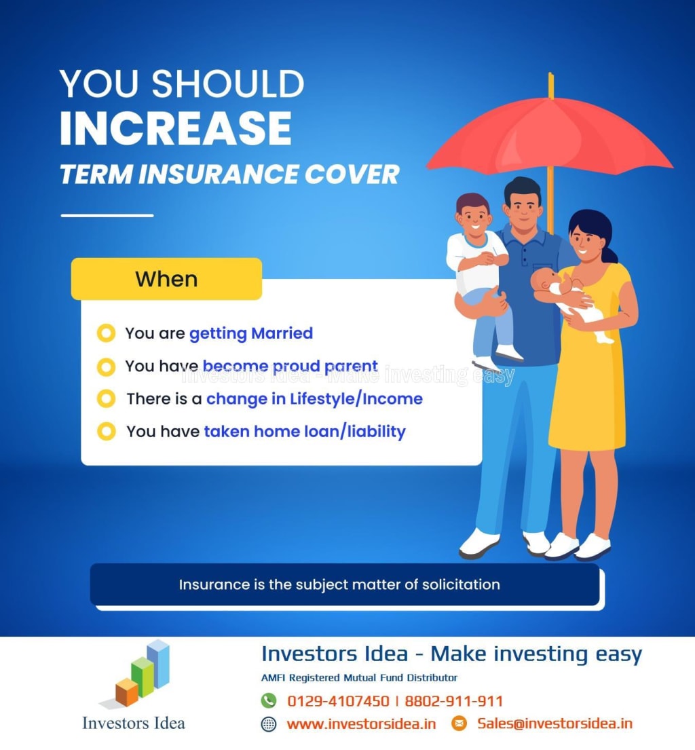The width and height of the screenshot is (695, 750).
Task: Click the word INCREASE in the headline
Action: click(x=176, y=128)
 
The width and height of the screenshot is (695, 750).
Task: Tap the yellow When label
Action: click(x=166, y=279)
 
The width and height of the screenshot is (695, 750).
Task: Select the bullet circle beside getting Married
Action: click(x=106, y=333)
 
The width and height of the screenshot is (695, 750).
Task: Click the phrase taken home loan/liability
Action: click(x=305, y=432)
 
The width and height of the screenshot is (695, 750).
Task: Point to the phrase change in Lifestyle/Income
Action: click(x=314, y=399)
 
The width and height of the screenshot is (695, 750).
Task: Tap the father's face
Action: click(x=523, y=207)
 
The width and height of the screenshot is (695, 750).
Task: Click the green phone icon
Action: click(x=269, y=700)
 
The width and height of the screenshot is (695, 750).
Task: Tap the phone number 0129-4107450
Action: click(x=338, y=701)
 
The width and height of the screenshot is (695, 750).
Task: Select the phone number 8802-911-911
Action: click(x=454, y=701)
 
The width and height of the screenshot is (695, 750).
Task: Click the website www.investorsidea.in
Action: click(x=361, y=724)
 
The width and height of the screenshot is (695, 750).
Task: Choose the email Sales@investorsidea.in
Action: click(x=555, y=724)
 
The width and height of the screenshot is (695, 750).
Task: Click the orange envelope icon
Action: click(x=459, y=724)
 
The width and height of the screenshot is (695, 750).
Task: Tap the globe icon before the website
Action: click(x=269, y=724)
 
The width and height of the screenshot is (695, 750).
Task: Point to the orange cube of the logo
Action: click(x=127, y=692)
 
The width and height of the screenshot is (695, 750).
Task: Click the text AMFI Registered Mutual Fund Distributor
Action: click(x=359, y=678)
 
